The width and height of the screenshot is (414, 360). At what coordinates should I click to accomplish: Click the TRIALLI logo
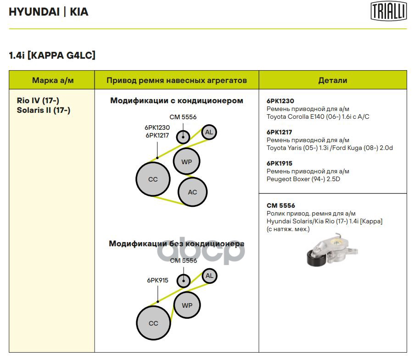click(388, 11)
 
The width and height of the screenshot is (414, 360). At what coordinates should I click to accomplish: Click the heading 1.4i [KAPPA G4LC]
click(52, 55)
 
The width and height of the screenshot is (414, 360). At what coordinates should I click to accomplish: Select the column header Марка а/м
click(53, 80)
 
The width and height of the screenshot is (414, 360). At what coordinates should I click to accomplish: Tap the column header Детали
click(332, 80)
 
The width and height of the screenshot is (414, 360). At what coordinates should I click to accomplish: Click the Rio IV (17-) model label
click(38, 101)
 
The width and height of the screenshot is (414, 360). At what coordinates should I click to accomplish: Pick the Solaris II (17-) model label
click(43, 110)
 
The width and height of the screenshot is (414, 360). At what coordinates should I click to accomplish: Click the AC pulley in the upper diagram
click(192, 192)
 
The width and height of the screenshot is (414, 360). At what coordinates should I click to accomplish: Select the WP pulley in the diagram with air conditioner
click(187, 161)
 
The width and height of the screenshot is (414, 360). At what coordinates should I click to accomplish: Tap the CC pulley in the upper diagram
click(153, 179)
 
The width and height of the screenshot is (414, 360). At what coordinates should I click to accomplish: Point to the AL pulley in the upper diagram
click(209, 133)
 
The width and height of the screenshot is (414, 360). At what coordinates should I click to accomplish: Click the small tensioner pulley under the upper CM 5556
click(183, 136)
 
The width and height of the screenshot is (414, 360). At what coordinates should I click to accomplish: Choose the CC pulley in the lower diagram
click(153, 323)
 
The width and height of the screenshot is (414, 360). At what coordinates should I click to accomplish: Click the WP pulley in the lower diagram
click(187, 305)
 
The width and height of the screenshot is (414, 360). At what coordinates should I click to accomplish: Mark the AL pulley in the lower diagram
click(209, 276)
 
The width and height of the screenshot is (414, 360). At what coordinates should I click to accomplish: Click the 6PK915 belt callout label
click(157, 280)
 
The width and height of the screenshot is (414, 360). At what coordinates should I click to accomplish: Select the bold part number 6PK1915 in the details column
click(280, 163)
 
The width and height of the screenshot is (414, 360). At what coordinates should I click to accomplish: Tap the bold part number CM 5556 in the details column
click(281, 206)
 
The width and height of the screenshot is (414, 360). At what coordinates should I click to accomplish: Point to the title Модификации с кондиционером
click(177, 100)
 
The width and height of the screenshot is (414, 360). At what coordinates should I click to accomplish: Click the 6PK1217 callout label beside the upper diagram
click(157, 135)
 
